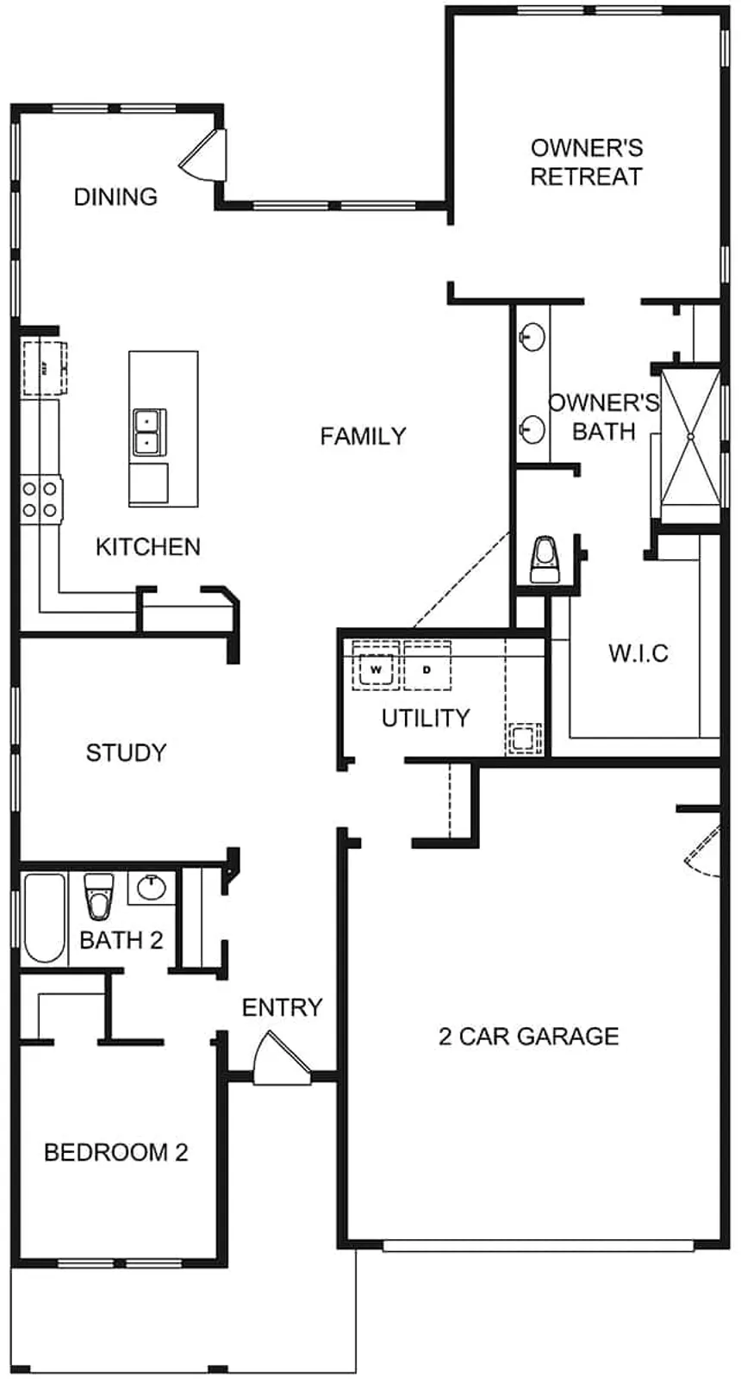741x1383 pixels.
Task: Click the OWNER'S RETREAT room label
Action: [x=586, y=162]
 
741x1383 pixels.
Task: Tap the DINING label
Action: [x=115, y=196]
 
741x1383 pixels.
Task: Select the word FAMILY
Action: [x=363, y=436]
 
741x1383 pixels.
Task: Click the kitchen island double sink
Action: [x=149, y=432]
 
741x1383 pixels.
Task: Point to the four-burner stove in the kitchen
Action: [x=41, y=499]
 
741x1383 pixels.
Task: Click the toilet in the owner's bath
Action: [x=544, y=559]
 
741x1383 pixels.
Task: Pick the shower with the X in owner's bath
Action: [x=689, y=435]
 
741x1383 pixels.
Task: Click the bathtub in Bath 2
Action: [x=44, y=917]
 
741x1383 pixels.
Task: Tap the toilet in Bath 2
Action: [x=97, y=896]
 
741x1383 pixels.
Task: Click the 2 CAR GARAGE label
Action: [x=528, y=1036]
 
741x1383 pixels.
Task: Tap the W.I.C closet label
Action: [x=638, y=652]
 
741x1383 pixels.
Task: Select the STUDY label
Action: [x=126, y=753]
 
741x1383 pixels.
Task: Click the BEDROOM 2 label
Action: [x=115, y=1152]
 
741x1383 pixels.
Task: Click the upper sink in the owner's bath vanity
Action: [x=532, y=337]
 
